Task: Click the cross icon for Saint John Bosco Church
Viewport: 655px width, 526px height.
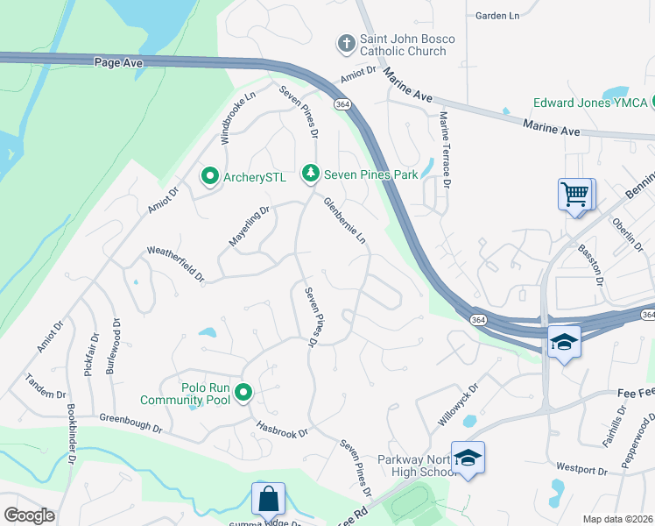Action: click(x=347, y=42)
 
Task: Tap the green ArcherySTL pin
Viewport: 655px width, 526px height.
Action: click(x=209, y=177)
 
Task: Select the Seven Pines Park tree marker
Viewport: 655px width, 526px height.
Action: click(x=310, y=174)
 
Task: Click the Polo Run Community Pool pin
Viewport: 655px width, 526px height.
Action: click(x=243, y=393)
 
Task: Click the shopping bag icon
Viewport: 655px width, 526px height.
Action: click(x=268, y=499)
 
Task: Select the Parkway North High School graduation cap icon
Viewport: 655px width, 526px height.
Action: click(x=468, y=458)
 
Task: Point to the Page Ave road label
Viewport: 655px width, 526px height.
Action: click(x=117, y=61)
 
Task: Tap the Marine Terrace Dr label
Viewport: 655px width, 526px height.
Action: click(x=445, y=151)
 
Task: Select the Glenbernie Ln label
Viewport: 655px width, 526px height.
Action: click(x=344, y=221)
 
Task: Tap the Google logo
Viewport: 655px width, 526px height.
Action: click(x=30, y=515)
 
